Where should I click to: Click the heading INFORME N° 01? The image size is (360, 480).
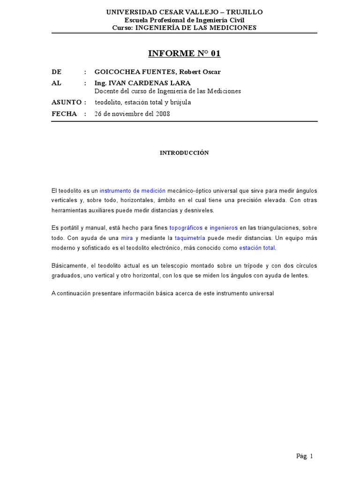click(x=184, y=53)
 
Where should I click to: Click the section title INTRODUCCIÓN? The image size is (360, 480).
click(x=184, y=153)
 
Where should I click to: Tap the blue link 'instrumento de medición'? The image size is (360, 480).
click(x=133, y=191)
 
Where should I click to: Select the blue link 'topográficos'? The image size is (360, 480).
click(x=186, y=228)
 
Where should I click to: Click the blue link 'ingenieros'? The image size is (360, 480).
click(x=224, y=228)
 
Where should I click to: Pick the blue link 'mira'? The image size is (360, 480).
click(x=127, y=238)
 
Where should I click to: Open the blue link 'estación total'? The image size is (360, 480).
click(x=257, y=247)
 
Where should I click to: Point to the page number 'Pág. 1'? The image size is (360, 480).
click(x=304, y=456)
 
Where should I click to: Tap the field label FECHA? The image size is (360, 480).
click(x=64, y=114)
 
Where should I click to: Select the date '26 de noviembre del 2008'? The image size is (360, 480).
click(x=132, y=114)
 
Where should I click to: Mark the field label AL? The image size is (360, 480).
click(x=56, y=83)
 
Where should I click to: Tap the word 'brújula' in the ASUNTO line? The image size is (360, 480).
click(x=180, y=102)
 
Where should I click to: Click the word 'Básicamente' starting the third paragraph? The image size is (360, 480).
click(x=67, y=266)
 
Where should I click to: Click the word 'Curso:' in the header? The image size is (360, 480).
click(x=123, y=28)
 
